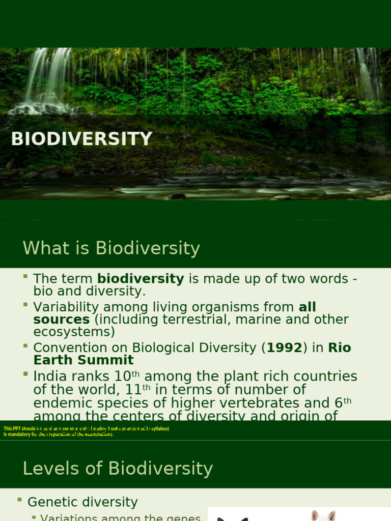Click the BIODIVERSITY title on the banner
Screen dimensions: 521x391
(x=81, y=139)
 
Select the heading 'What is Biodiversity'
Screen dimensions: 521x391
(x=111, y=248)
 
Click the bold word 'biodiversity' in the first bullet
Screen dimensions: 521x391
(x=141, y=279)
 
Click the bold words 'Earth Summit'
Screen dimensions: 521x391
(x=83, y=360)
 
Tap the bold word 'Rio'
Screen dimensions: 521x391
(x=340, y=348)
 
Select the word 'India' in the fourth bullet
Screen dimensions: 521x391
(x=49, y=377)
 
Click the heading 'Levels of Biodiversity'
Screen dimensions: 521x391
(x=118, y=469)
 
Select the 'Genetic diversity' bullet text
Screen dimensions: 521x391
(x=82, y=502)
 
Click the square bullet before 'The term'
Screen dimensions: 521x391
(x=25, y=276)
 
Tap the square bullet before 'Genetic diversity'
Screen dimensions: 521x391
(x=19, y=500)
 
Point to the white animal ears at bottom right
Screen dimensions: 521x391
(x=323, y=515)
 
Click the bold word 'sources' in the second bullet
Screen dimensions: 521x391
(x=61, y=320)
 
